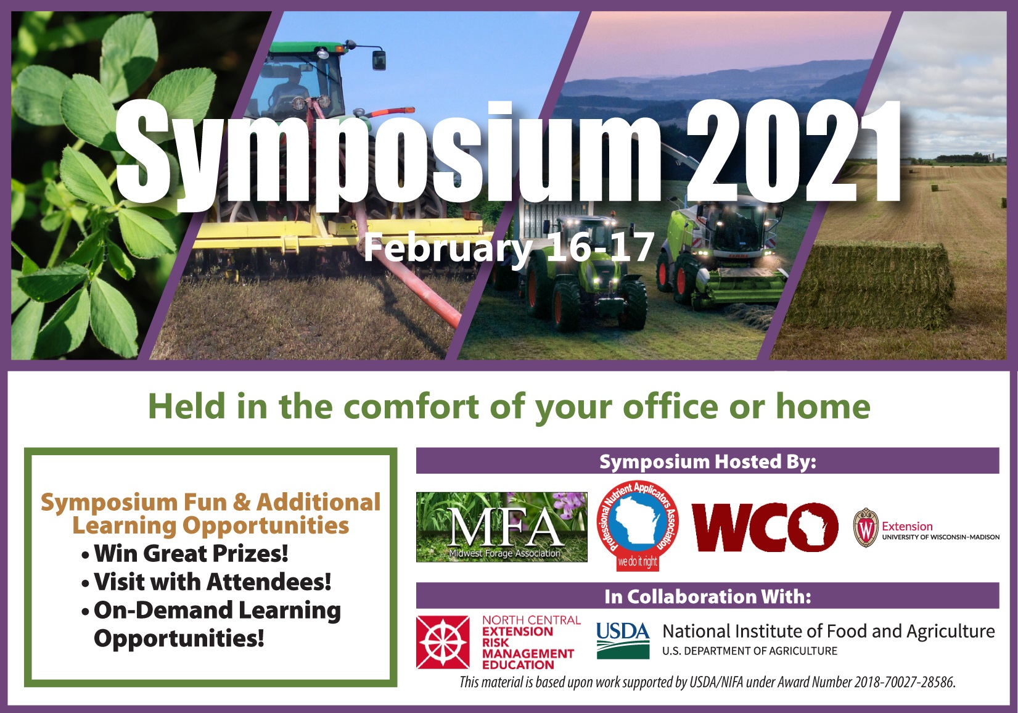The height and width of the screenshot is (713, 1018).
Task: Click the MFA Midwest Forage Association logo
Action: point(502,527)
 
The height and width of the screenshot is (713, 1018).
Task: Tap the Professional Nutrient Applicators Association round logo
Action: point(638,525)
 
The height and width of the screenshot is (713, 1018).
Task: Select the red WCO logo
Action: point(765,527)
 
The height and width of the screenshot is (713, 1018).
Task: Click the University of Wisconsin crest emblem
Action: point(866,528)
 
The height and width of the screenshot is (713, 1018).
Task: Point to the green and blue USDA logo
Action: point(623,640)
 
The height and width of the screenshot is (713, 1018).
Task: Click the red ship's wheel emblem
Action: point(443,642)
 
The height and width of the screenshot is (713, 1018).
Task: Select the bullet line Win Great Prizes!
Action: point(186,553)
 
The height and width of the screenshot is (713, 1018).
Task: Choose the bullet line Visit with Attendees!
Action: point(207,582)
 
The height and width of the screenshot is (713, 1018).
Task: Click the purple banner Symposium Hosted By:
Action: point(708,461)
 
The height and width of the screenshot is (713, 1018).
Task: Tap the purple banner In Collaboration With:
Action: point(708,596)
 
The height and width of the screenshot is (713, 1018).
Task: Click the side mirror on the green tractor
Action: point(379,60)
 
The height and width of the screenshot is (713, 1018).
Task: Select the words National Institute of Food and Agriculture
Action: point(829,631)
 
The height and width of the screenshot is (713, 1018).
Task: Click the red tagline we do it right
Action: point(638,562)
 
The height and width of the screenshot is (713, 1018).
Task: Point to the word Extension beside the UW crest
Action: point(907,526)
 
